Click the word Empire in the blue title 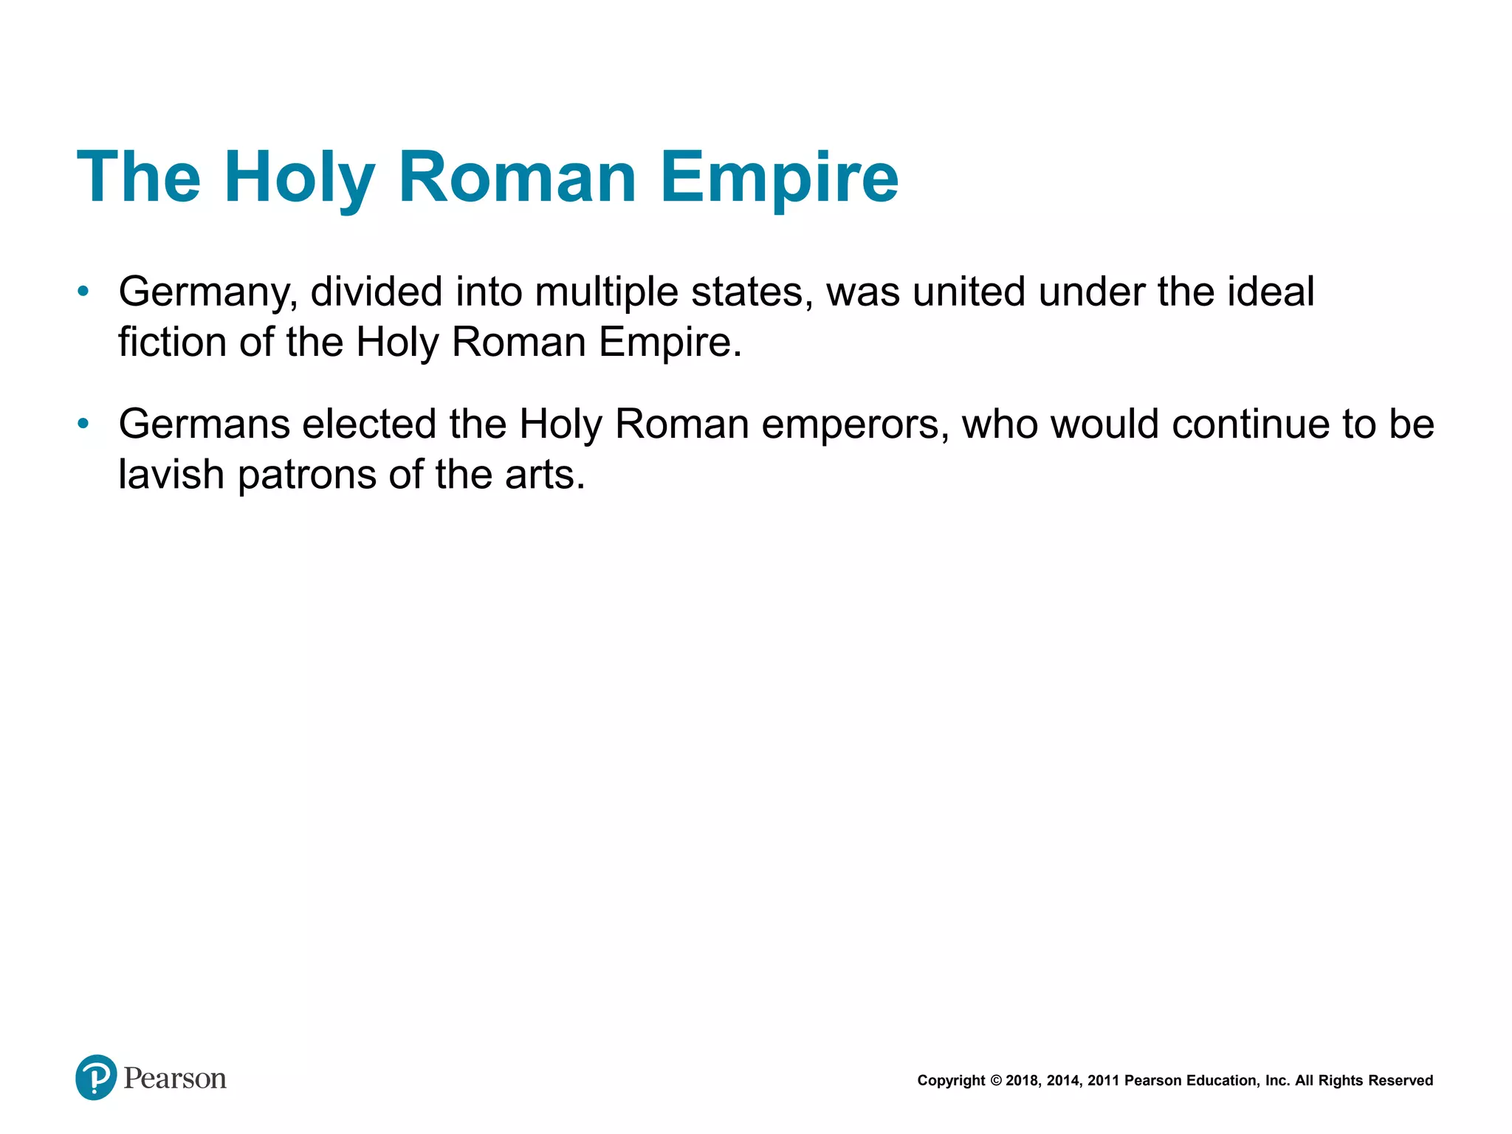[779, 178]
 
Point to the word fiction [172, 343]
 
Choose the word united [969, 292]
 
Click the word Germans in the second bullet [204, 425]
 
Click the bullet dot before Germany [83, 292]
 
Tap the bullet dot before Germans [83, 424]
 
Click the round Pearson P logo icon [96, 1077]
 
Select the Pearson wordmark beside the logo [175, 1079]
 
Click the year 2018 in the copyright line [1022, 1081]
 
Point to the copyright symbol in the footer [995, 1081]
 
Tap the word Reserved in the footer [1401, 1081]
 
